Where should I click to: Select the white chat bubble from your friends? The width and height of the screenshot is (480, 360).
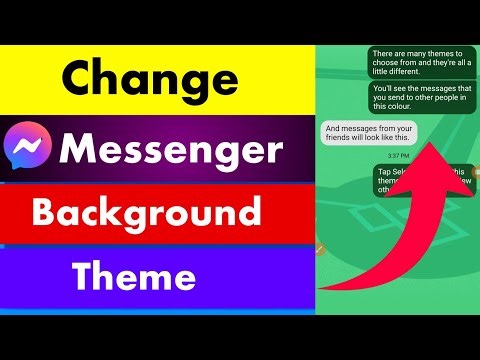pos(369,135)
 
